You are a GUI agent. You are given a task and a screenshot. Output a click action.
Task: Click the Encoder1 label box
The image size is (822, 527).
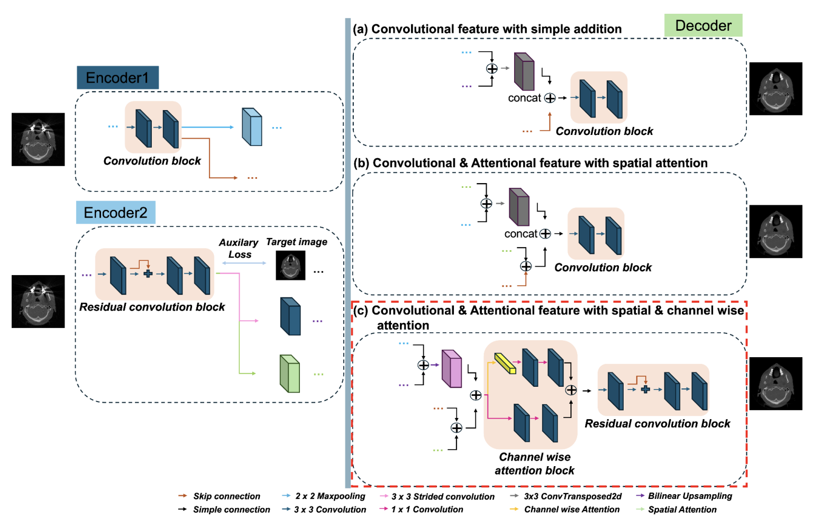coord(117,78)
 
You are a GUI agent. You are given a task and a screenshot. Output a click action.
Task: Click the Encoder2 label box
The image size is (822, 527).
coord(115,213)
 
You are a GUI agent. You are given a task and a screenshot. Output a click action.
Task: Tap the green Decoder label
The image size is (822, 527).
coord(703,25)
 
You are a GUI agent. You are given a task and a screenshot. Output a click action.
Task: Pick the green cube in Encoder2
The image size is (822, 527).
coord(289,374)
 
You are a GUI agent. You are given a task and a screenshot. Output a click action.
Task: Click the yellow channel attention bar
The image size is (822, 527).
coord(505,364)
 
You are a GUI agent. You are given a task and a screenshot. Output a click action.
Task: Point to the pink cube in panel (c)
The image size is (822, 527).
coord(452,369)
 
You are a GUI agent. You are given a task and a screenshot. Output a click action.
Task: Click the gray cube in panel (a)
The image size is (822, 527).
coord(524,71)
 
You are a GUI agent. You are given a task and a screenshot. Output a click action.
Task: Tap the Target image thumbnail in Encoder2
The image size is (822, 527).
coord(290,266)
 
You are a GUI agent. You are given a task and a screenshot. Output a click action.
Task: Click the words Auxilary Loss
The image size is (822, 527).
coord(239,248)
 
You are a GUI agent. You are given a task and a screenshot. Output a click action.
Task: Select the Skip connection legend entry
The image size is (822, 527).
coord(226,496)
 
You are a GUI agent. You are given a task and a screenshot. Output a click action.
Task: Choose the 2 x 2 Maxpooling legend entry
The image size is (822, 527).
coord(330,496)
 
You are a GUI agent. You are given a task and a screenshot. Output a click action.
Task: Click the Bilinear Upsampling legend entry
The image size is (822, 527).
coord(689,496)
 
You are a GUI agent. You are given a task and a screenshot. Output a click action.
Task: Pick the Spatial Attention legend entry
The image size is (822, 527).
coord(682,510)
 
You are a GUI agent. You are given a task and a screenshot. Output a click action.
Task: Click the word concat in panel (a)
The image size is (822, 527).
coord(524,98)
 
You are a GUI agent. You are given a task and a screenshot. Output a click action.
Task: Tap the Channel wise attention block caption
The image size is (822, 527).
coord(534,464)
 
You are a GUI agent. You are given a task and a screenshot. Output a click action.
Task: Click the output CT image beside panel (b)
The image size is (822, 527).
coord(775,231)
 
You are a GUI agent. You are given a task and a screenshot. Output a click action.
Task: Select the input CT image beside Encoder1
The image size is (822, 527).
coord(38,139)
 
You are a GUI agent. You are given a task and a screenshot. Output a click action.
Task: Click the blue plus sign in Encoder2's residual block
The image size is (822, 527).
coord(148,274)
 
